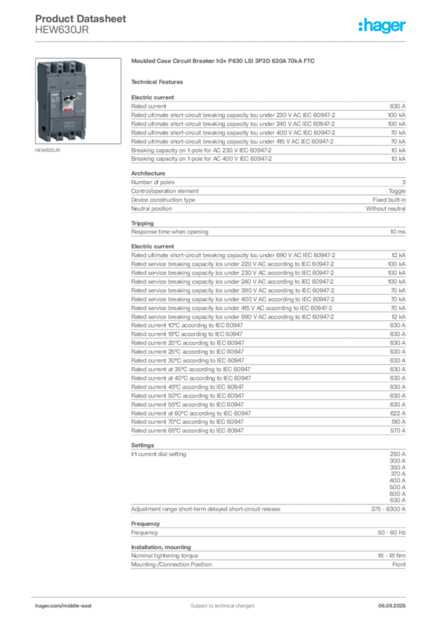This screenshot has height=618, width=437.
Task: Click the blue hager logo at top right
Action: tap(383, 27)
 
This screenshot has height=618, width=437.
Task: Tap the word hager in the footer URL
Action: tap(46, 605)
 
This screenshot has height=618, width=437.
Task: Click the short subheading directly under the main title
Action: tap(159, 81)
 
